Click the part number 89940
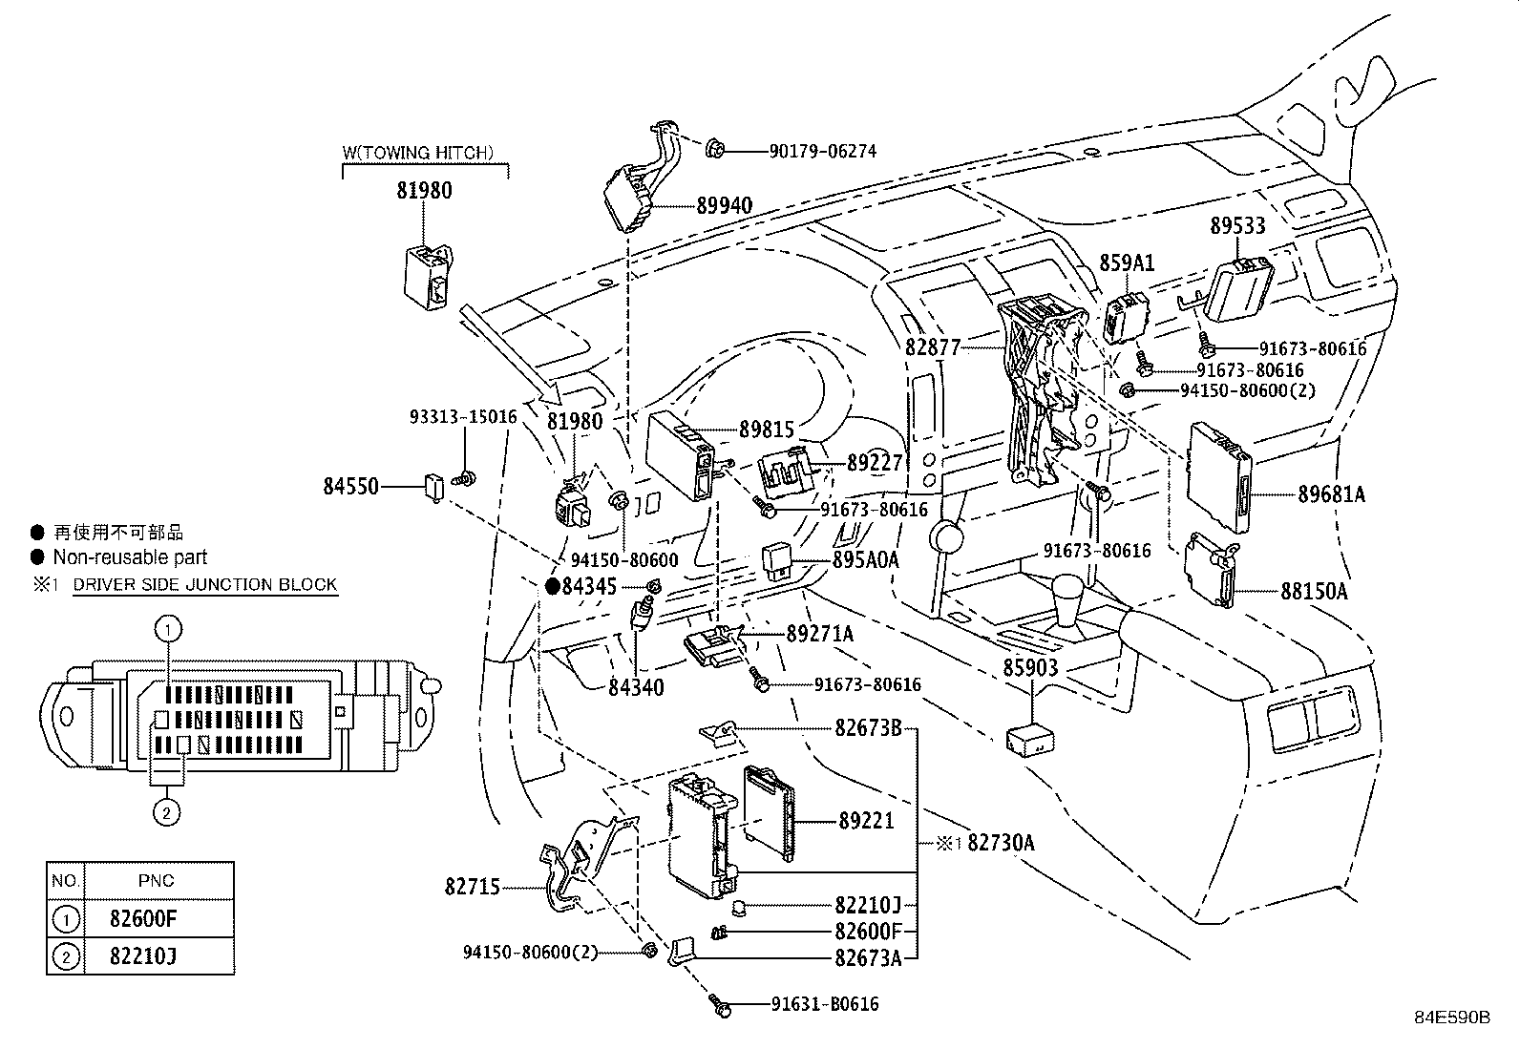pos(724,205)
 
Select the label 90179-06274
pos(822,152)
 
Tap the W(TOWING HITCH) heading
pos(418,153)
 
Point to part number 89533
pos(1237,225)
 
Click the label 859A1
pos(1127,262)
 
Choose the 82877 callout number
pos(933,348)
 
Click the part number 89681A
pos(1331,494)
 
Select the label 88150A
pos(1314,592)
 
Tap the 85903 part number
pos(1031,668)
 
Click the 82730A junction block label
pos(1001,843)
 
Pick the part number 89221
pos(867,821)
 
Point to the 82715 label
pos(473,887)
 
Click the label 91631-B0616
pos(825,1004)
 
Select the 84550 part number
pos(350,487)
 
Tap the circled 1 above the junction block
pos(168,629)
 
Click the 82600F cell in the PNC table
pos(143,919)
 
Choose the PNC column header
pos(156,881)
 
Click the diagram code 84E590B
pos(1452,1018)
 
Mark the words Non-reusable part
pos(130,557)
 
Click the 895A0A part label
pos(866,559)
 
